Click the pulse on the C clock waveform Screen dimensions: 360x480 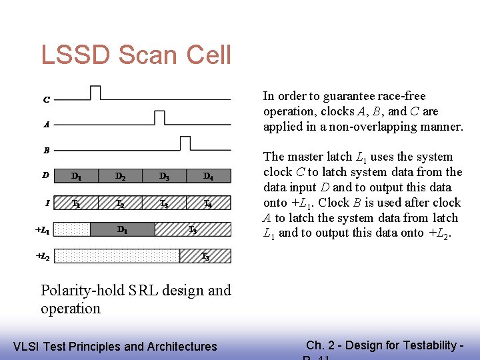[95, 92]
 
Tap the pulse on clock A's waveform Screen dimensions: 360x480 [159, 117]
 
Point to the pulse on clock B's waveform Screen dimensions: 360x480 [185, 143]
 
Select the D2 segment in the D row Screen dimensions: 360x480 [120, 176]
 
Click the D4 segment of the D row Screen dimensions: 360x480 [208, 176]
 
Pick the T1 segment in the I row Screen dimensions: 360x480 [76, 203]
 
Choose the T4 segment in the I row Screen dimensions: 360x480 [208, 203]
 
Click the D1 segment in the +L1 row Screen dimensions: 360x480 [123, 229]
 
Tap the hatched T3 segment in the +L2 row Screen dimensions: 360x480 [205, 256]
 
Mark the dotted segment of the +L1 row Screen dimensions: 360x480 [71, 229]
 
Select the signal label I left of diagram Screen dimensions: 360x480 [46, 203]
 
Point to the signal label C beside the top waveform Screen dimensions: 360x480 [46, 100]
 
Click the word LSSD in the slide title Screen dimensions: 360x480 [73, 55]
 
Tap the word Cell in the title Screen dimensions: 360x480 [207, 55]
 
